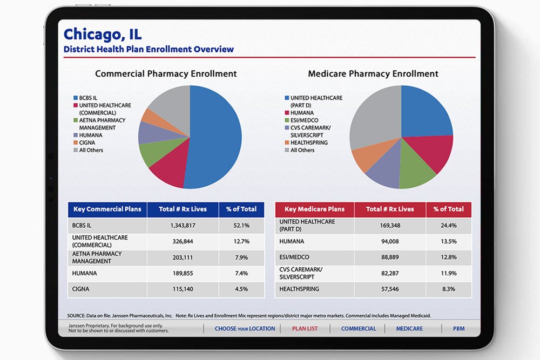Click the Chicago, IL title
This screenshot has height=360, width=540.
point(102,34)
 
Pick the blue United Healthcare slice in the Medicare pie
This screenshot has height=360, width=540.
point(424,111)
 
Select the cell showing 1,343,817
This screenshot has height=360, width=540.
point(183,225)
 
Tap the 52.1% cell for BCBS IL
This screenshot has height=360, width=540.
point(241,225)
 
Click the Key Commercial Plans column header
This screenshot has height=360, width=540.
point(107,209)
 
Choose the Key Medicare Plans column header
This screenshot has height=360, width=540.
point(314,209)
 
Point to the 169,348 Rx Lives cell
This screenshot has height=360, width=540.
point(390,225)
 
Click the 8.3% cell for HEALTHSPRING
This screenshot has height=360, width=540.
point(449,289)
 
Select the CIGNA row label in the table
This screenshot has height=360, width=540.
point(81,289)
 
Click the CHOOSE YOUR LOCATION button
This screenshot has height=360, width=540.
point(245,328)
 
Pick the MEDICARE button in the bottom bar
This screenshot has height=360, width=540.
point(409,328)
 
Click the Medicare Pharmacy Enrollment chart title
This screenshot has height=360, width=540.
point(373,74)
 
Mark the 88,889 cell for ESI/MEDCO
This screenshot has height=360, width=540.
point(390,257)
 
